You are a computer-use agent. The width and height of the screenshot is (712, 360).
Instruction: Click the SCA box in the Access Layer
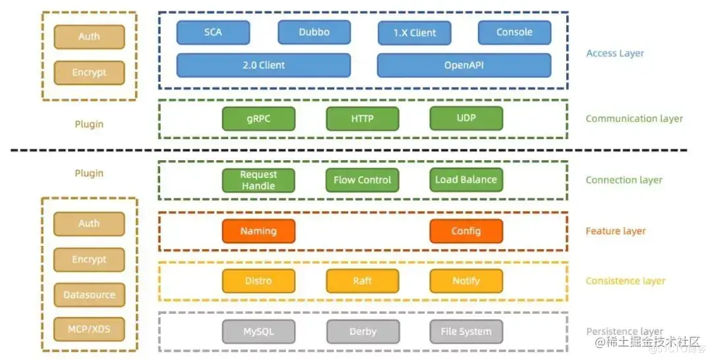tap(213, 32)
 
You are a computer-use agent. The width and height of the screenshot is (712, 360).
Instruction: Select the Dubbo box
tap(314, 32)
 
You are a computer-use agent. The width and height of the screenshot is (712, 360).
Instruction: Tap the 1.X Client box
tap(415, 33)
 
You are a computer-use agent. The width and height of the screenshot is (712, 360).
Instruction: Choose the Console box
tap(514, 32)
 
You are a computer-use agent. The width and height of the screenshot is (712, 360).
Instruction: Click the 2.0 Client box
tap(264, 65)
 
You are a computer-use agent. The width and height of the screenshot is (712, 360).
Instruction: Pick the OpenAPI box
tap(463, 65)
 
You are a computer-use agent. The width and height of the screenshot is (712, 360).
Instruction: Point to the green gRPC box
tap(258, 119)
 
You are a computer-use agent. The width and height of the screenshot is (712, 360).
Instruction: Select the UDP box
tap(466, 118)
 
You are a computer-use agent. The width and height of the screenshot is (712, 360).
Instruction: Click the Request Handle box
tap(258, 180)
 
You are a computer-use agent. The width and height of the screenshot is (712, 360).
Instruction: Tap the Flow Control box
tap(362, 180)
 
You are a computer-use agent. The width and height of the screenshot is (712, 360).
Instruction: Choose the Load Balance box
tap(466, 179)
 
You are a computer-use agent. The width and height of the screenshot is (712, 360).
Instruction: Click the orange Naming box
tap(258, 231)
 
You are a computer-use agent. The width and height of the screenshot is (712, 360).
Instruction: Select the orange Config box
tap(466, 231)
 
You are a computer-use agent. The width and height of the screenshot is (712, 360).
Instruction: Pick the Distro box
tap(258, 281)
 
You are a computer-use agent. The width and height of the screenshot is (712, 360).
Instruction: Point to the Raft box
tap(362, 281)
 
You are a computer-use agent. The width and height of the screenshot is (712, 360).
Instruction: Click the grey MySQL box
tap(258, 332)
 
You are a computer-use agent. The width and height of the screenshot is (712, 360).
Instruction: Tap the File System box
tap(466, 332)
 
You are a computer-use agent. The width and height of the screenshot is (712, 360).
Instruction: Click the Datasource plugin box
tap(89, 295)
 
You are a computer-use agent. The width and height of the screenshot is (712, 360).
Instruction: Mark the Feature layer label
tap(616, 231)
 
